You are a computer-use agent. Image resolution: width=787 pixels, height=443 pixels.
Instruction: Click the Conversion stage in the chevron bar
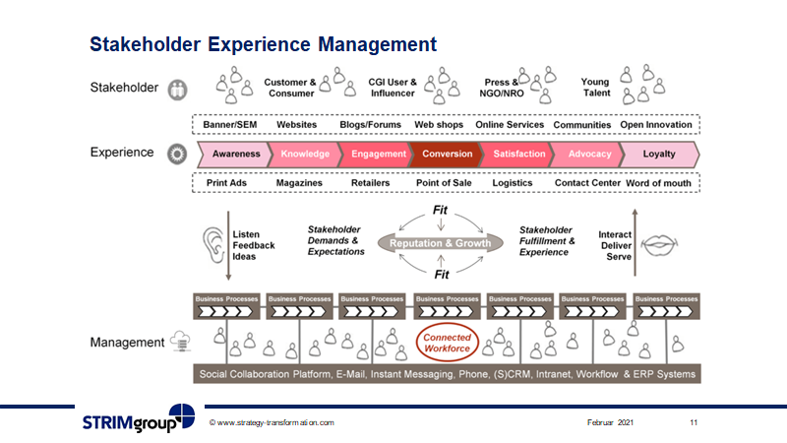(x=447, y=154)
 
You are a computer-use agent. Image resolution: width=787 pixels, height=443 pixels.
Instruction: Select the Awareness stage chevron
(x=236, y=154)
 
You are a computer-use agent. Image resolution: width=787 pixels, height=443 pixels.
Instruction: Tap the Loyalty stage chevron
(x=659, y=154)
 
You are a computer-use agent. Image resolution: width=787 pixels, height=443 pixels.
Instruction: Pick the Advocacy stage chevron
(x=589, y=154)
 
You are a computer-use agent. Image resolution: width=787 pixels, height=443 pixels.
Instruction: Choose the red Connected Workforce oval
(x=447, y=343)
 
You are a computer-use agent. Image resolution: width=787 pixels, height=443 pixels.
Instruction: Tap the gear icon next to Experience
(x=177, y=154)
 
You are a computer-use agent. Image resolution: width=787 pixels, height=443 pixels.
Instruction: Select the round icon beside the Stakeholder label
(x=177, y=88)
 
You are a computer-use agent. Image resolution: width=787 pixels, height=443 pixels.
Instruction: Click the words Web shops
(x=439, y=125)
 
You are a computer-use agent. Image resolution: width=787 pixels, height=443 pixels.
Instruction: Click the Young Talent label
(x=595, y=88)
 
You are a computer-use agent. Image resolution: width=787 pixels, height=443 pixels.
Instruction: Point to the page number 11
(x=694, y=422)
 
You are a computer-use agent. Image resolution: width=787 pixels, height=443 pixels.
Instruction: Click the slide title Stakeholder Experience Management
(x=263, y=44)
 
